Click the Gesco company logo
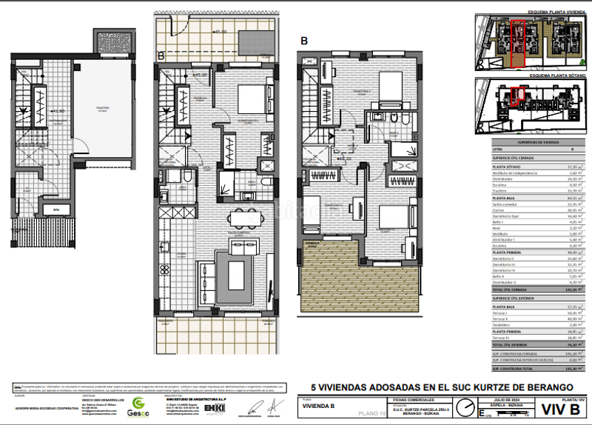tap(138, 405)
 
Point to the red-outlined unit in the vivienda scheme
tap(519, 44)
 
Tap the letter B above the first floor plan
tap(305, 41)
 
